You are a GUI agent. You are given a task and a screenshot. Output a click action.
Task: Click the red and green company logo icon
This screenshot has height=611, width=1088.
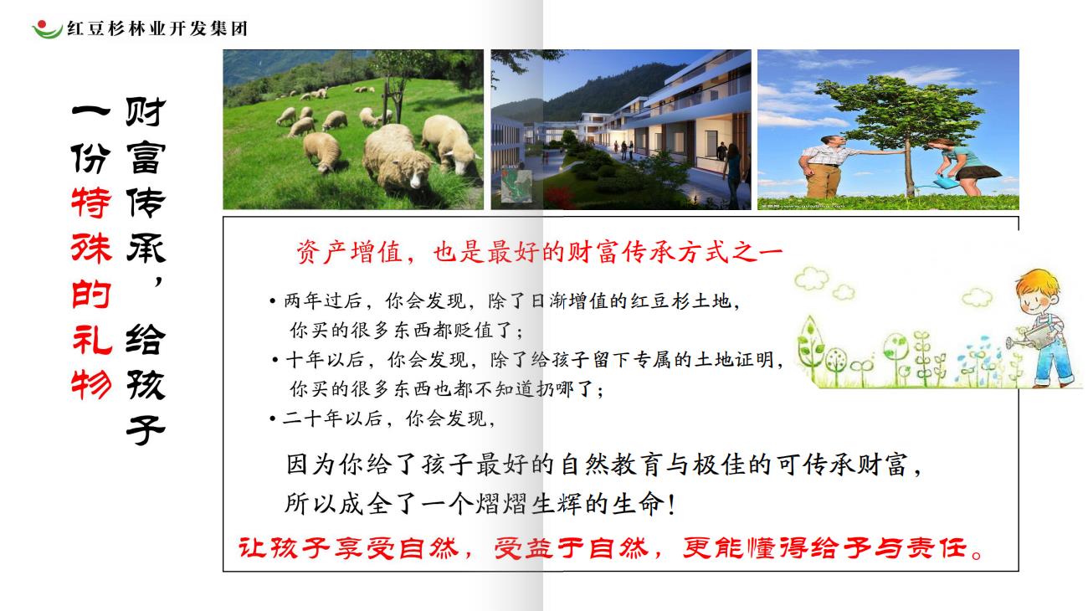click(47, 29)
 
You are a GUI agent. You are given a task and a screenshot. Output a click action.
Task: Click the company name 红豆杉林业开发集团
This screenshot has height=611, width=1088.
click(157, 28)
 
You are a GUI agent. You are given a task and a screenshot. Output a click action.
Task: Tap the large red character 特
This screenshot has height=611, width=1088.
click(91, 202)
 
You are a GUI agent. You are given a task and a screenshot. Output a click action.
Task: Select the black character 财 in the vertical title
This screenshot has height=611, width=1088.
click(146, 111)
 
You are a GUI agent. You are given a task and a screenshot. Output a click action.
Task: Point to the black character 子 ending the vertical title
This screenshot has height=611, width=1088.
click(146, 430)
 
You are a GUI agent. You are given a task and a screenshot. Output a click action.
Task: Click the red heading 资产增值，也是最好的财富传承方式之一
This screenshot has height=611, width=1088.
click(539, 252)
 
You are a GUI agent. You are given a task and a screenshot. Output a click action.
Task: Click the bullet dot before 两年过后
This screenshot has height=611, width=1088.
click(273, 302)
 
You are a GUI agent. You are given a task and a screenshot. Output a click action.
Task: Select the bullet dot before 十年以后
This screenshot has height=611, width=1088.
click(275, 361)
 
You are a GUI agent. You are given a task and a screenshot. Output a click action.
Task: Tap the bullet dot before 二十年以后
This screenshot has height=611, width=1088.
click(273, 418)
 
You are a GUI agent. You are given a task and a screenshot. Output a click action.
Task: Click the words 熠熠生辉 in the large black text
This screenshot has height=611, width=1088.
click(528, 504)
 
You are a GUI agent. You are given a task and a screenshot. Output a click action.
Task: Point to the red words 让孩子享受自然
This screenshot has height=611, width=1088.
click(348, 548)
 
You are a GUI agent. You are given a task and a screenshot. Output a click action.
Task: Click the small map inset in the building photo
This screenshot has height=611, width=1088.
click(516, 185)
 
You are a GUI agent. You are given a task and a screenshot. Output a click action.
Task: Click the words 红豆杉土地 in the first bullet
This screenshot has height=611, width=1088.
click(681, 301)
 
